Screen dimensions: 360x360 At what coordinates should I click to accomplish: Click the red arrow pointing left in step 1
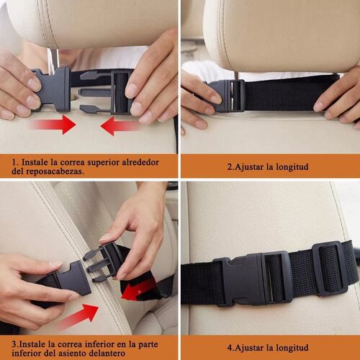click(120, 127)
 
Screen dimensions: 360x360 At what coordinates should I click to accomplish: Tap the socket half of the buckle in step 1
click(53, 89)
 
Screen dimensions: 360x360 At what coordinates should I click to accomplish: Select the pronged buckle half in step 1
click(107, 91)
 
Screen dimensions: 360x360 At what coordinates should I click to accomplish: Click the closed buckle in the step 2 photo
click(230, 95)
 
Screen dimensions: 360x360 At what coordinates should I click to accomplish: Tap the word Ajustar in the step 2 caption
click(248, 166)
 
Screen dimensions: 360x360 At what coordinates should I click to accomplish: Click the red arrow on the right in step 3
click(141, 289)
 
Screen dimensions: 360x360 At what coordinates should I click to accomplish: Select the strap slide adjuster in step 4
click(330, 268)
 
